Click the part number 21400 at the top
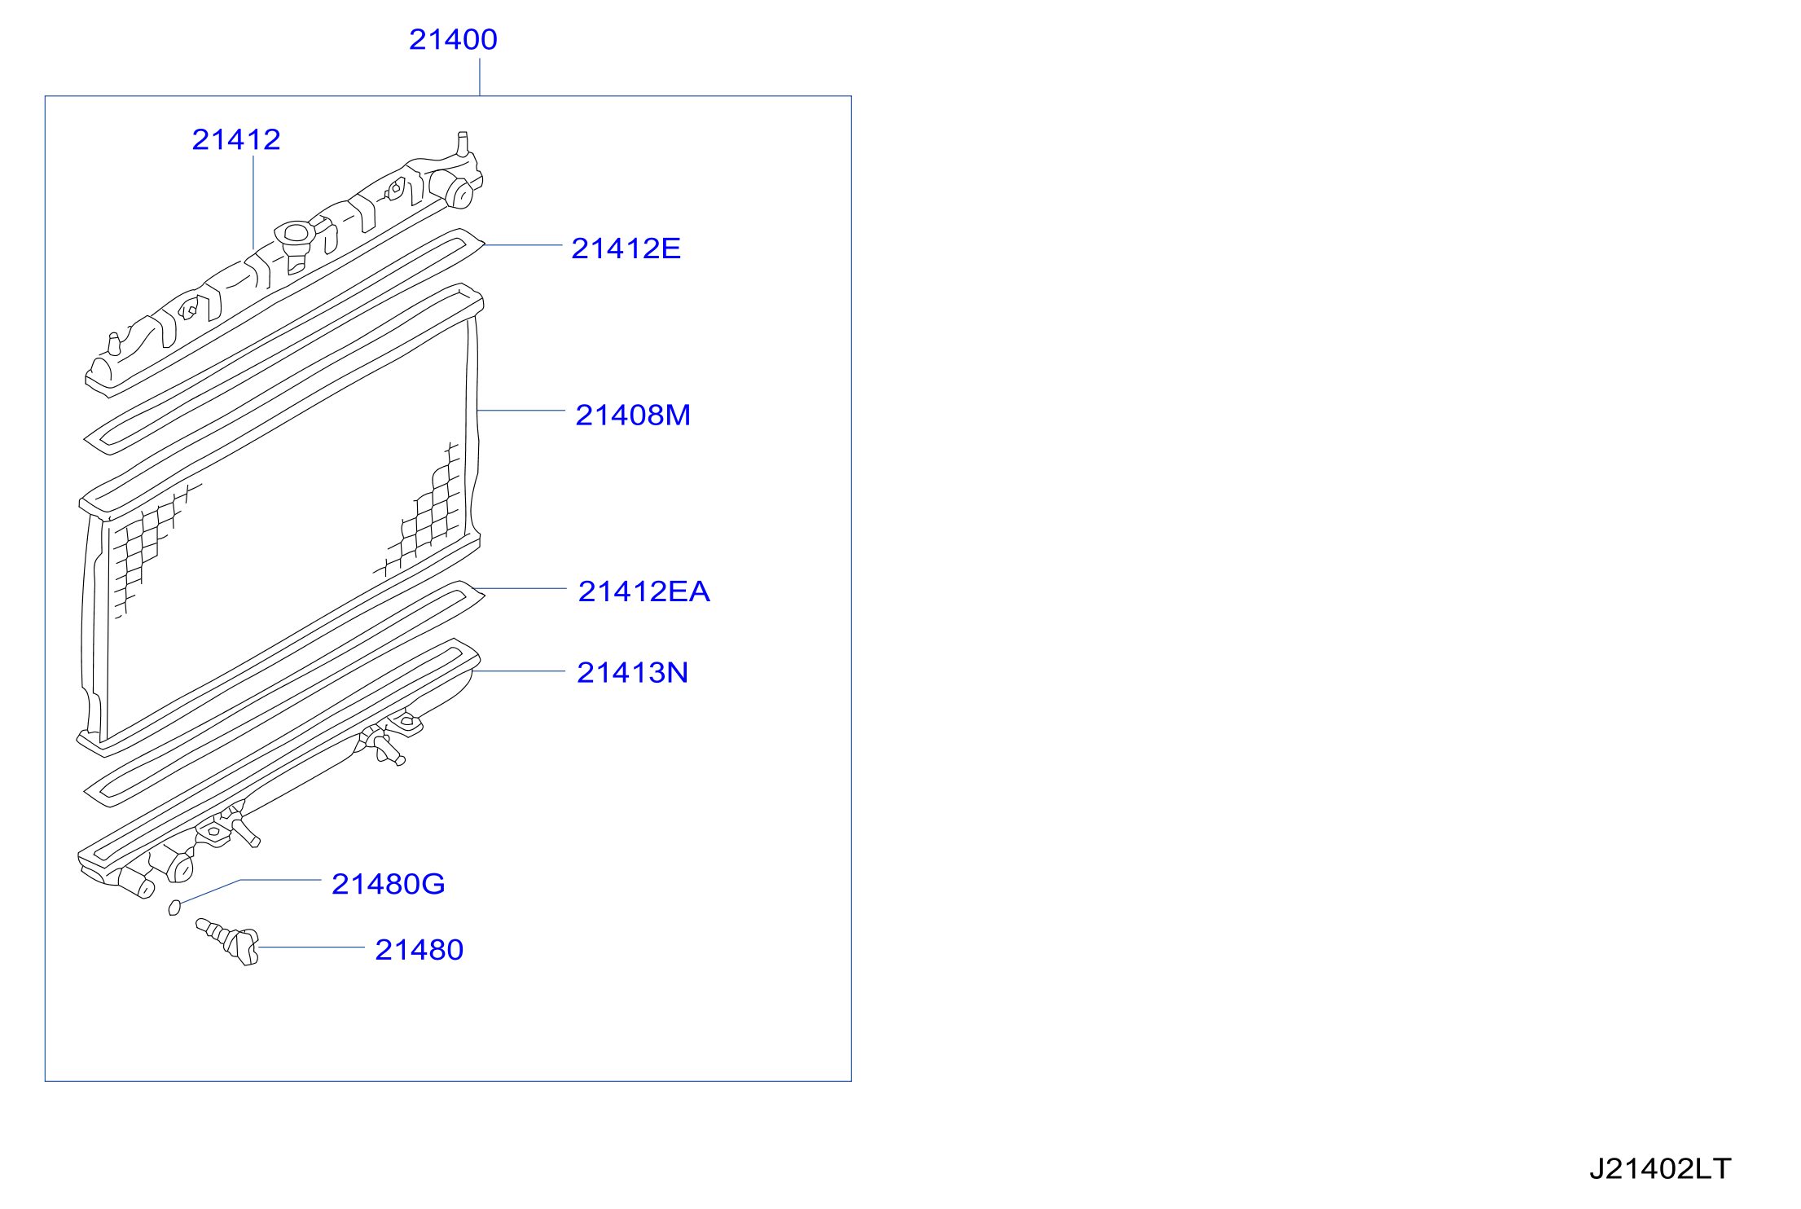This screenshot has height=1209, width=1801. tap(453, 39)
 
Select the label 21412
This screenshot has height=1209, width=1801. tap(236, 139)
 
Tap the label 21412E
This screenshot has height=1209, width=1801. tap(626, 248)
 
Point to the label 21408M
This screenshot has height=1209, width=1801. tap(633, 415)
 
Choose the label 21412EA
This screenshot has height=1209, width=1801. tap(644, 591)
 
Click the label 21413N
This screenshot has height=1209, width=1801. tap(632, 673)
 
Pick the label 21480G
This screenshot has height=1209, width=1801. tap(389, 884)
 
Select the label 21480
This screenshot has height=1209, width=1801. tap(419, 950)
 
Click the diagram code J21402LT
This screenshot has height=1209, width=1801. tap(1660, 1169)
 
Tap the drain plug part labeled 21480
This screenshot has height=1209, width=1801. tap(228, 941)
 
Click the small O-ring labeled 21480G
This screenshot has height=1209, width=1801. tap(174, 908)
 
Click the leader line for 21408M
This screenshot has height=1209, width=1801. tap(521, 411)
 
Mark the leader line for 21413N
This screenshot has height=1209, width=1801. tap(519, 671)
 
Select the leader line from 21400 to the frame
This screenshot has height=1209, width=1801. tap(480, 77)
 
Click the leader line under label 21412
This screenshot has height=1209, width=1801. tap(253, 202)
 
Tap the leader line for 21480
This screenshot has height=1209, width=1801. tap(311, 947)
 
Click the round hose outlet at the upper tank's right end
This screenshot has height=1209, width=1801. tap(461, 194)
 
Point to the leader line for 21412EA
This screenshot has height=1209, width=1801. tap(520, 588)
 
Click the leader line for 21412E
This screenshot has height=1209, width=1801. tap(523, 244)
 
